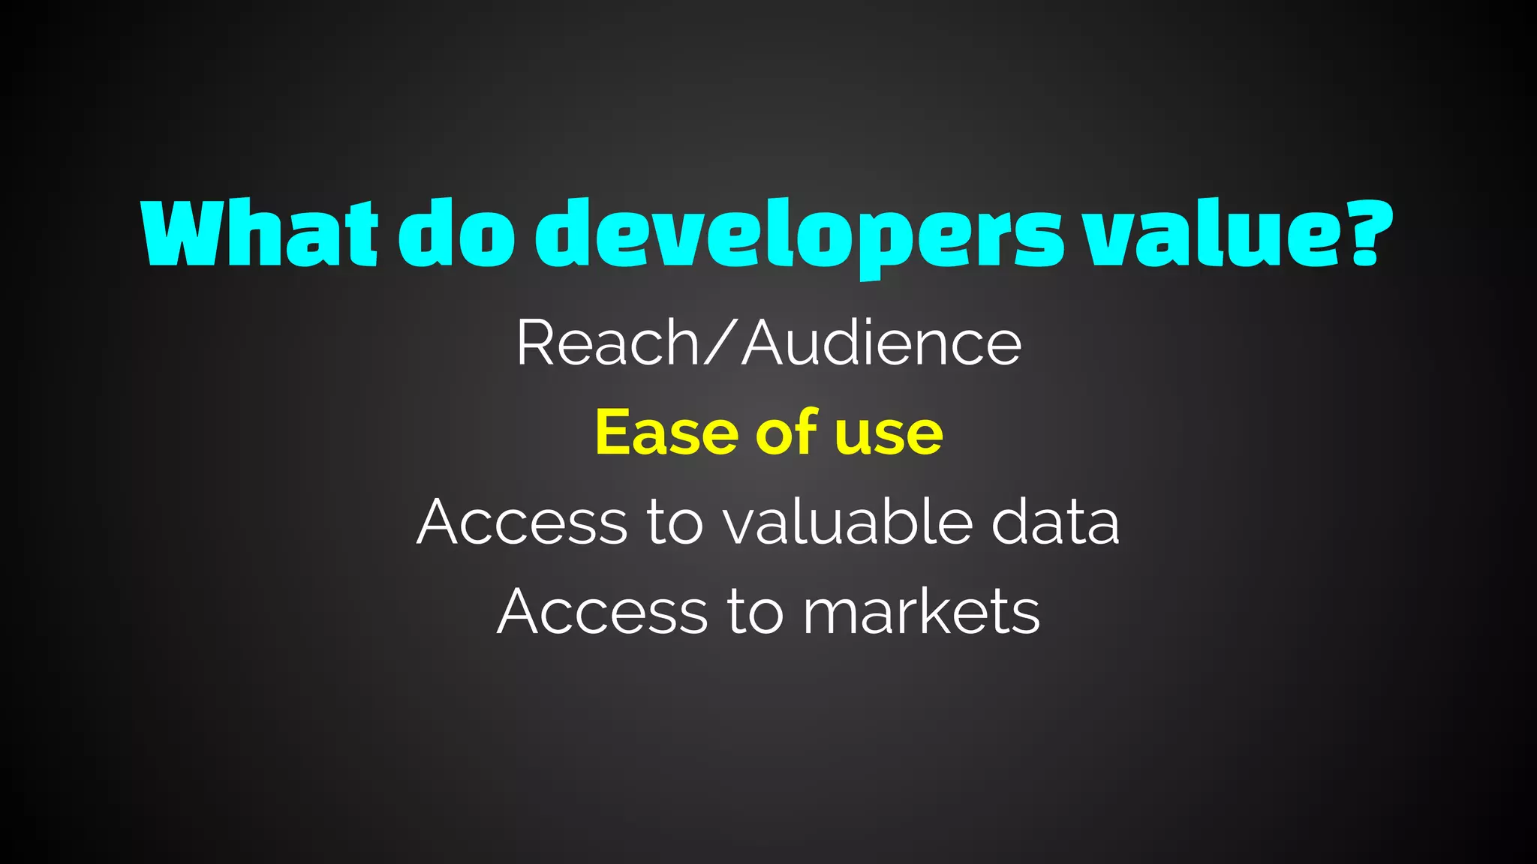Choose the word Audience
point(882,343)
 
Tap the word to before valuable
point(675,523)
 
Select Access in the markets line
point(603,611)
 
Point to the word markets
point(922,611)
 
